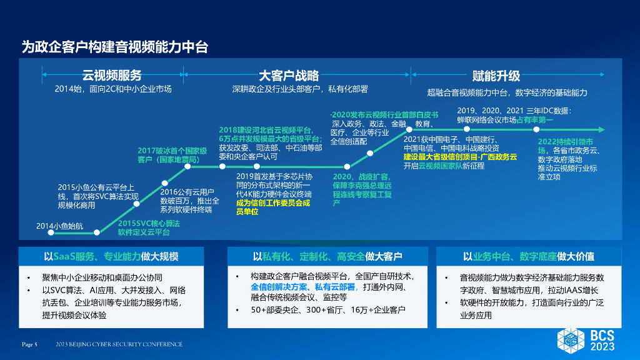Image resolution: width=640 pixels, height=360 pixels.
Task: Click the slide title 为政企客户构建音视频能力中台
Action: click(114, 46)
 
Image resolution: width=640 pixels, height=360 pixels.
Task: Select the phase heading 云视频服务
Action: click(112, 76)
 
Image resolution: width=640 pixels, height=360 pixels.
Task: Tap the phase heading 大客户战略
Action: click(289, 76)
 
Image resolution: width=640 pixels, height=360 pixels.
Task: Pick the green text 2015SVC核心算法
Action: click(149, 223)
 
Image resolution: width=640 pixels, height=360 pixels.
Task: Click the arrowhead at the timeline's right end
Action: click(603, 129)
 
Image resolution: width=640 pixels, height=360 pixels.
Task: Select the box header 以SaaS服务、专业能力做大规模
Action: click(111, 256)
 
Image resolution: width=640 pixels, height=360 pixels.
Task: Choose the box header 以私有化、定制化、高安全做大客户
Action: click(327, 256)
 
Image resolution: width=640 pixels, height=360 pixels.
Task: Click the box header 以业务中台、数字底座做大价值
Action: click(529, 256)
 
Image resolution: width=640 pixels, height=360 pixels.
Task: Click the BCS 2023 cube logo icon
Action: click(571, 339)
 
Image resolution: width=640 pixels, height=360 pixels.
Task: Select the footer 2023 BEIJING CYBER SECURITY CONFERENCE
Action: click(119, 344)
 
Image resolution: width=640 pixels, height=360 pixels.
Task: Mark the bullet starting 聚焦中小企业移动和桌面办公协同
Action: click(107, 277)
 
